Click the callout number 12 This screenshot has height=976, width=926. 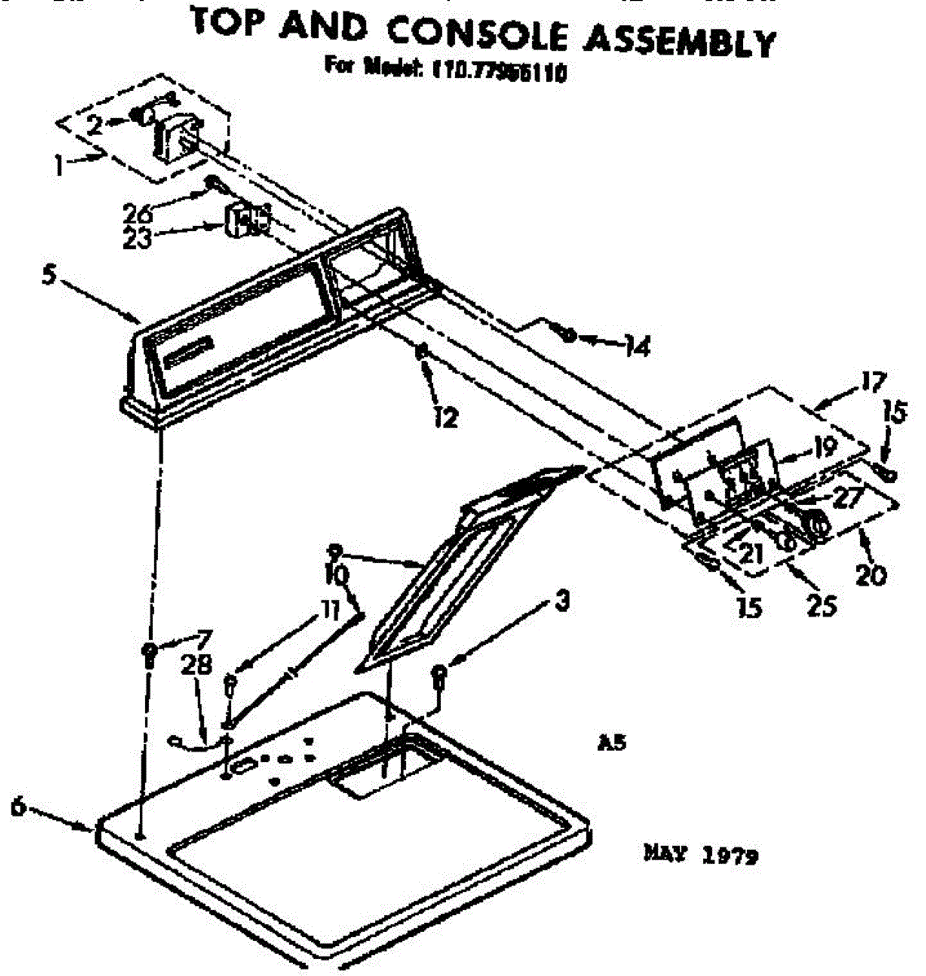click(x=445, y=418)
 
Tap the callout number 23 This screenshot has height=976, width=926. click(x=137, y=240)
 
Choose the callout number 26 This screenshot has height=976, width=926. click(x=137, y=214)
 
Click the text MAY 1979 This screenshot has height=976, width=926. click(x=701, y=855)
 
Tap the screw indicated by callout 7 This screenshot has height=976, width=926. click(x=150, y=653)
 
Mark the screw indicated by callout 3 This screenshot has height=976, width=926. click(x=440, y=674)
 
